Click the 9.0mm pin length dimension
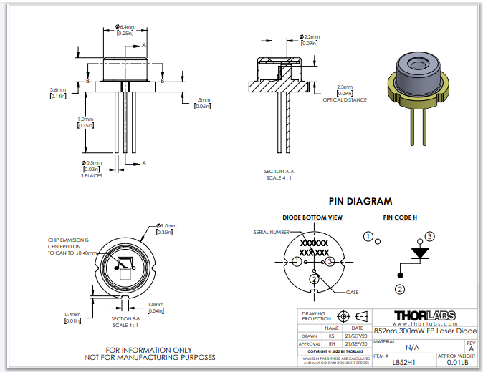coord(85,119)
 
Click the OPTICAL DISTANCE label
coord(345,100)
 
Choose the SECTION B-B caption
coord(126,318)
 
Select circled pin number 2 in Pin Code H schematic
coord(400,288)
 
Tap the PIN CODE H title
coord(400,217)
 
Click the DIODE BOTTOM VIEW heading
coord(313,217)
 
